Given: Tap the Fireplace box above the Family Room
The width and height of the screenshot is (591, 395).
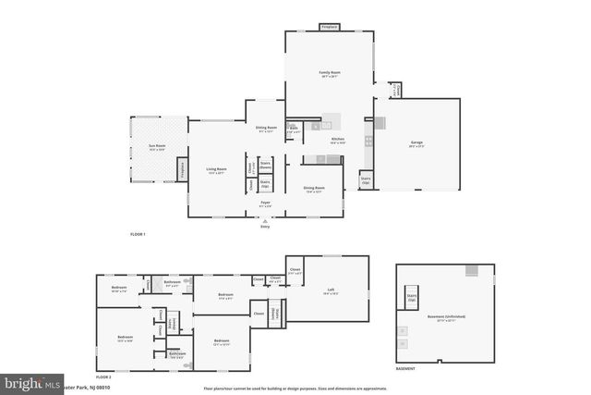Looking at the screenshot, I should point(330,27).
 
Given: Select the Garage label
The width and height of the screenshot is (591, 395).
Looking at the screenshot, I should point(415,143).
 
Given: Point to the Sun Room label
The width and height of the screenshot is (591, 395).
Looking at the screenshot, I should point(159,147).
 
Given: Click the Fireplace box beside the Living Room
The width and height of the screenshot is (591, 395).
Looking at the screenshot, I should point(182,170).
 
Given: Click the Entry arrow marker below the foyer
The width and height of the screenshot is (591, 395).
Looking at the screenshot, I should point(265,222).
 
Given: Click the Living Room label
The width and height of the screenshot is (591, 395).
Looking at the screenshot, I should point(218,171).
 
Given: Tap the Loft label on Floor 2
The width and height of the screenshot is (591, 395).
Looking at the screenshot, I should point(330,290).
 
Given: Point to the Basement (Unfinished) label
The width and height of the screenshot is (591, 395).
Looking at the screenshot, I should point(446,317).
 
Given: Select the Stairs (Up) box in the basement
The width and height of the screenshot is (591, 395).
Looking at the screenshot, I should point(412,298).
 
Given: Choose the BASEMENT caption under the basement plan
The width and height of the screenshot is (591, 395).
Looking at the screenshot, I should point(405,368).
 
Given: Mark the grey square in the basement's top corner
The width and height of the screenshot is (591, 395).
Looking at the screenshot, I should point(472,271).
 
